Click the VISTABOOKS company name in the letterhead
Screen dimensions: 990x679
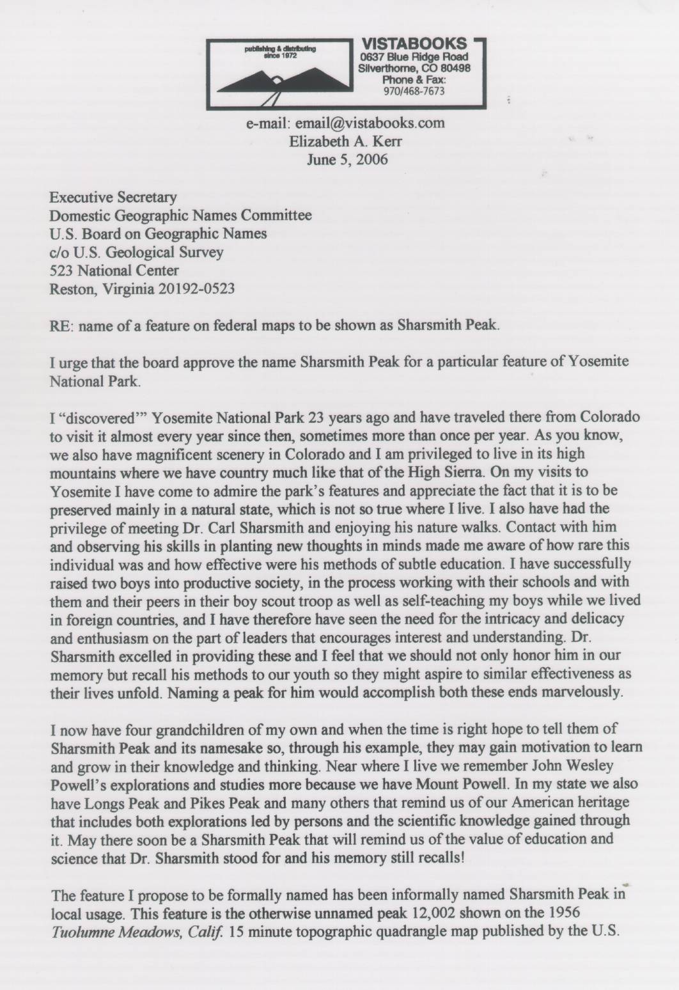(414, 44)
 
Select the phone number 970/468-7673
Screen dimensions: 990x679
(414, 91)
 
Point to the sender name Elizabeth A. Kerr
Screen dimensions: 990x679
(345, 141)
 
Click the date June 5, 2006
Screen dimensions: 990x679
(347, 159)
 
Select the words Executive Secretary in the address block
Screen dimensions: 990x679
(114, 197)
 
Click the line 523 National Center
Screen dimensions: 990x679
(114, 270)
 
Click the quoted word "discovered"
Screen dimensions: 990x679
(95, 417)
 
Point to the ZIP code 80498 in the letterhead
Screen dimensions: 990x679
(455, 68)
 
